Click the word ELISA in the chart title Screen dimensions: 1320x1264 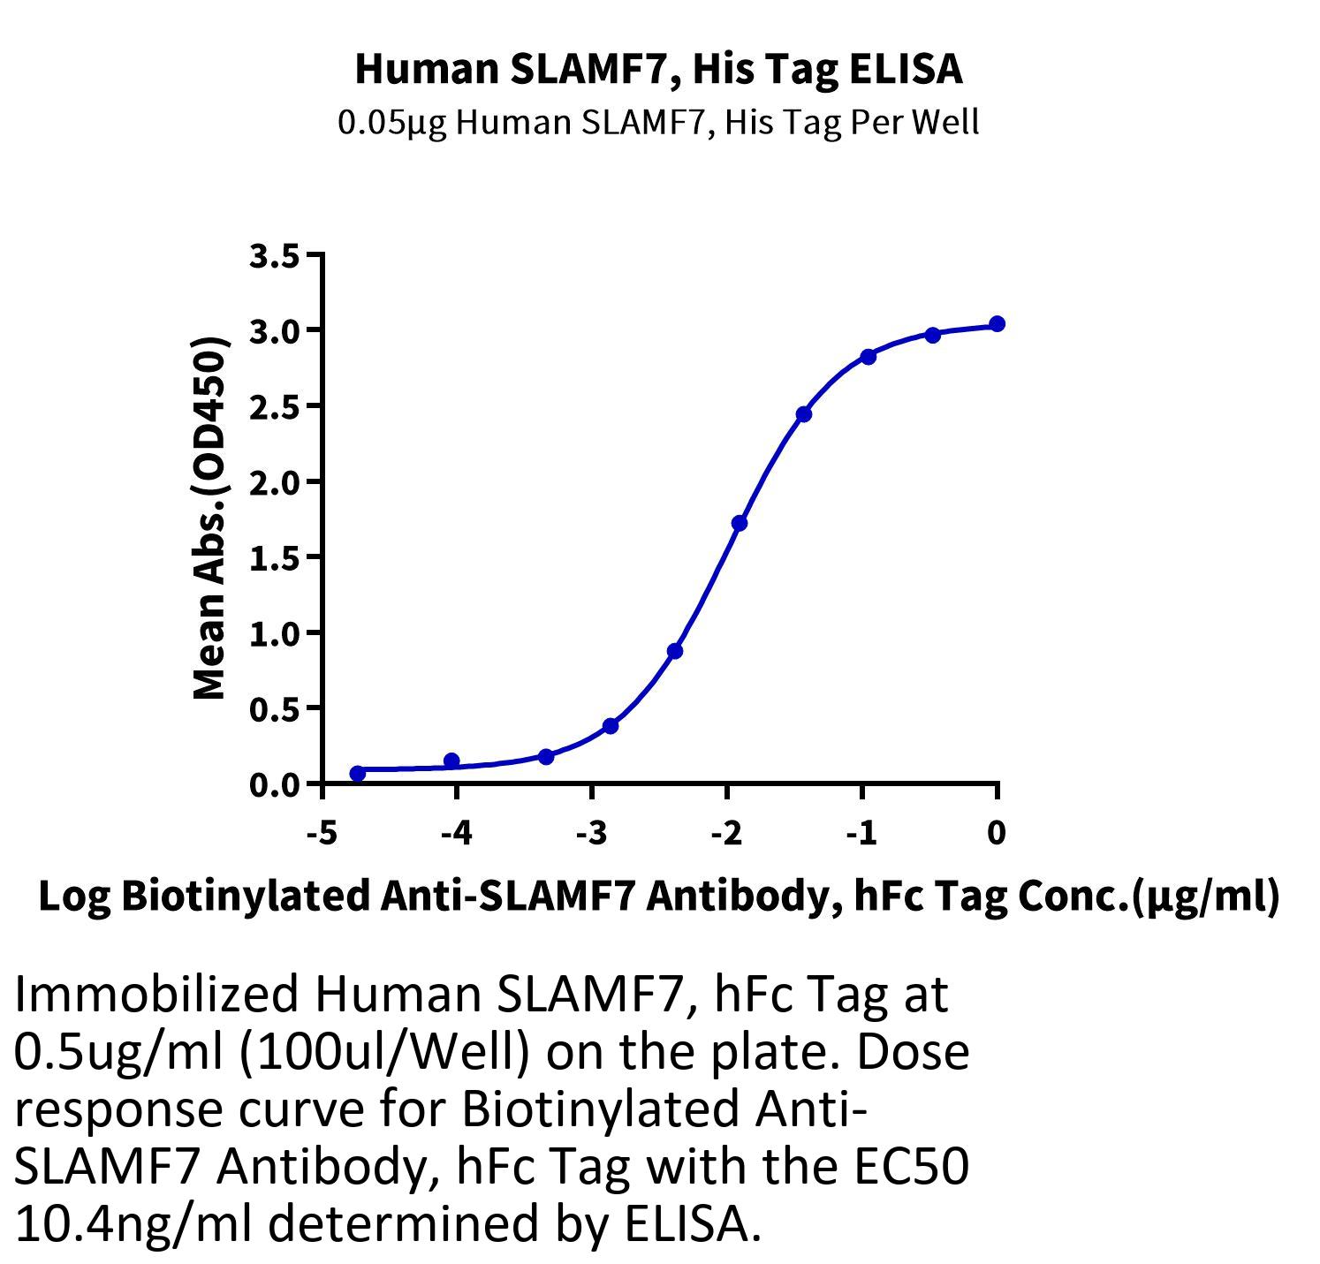pyautogui.click(x=907, y=69)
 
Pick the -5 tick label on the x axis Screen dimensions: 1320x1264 pyautogui.click(x=320, y=832)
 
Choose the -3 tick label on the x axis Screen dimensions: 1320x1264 pyautogui.click(x=590, y=832)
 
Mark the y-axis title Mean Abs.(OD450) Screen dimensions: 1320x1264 pyautogui.click(x=211, y=518)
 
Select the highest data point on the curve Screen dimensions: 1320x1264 pyautogui.click(x=997, y=324)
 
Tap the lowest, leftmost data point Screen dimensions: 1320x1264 pyautogui.click(x=358, y=774)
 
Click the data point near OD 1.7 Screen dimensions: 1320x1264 pyautogui.click(x=740, y=523)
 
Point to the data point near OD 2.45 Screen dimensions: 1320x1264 pyautogui.click(x=803, y=414)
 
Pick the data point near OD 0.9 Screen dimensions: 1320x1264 pyautogui.click(x=675, y=651)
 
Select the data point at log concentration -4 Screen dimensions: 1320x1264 pyautogui.click(x=451, y=761)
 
